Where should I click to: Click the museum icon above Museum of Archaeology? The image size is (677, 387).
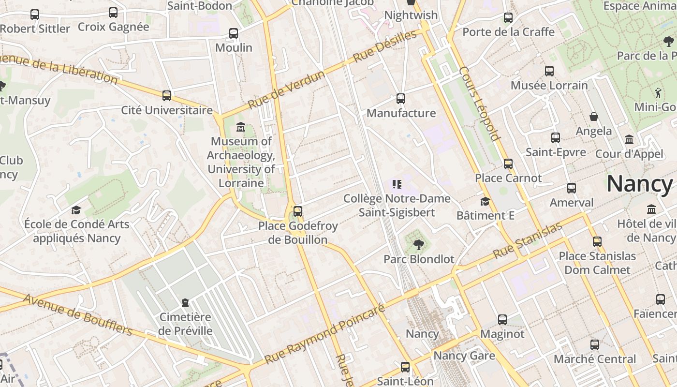click(240, 127)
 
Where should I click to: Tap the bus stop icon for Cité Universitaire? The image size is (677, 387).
click(167, 95)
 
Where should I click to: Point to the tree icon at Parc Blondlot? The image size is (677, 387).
click(418, 245)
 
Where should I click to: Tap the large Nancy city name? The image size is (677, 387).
click(639, 184)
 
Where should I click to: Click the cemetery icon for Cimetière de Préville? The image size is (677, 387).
click(185, 303)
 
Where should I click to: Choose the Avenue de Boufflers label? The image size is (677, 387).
click(77, 314)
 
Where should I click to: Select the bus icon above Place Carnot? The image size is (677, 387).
click(508, 164)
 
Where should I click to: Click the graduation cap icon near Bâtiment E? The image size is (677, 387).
click(485, 201)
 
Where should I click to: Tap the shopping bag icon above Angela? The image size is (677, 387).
click(594, 117)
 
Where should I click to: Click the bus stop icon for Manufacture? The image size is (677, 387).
click(401, 99)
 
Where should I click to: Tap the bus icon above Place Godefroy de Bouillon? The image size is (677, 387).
click(298, 211)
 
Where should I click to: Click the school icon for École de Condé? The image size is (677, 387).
click(76, 210)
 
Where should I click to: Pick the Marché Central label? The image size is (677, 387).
click(595, 359)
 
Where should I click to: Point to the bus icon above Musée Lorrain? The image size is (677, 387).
click(549, 71)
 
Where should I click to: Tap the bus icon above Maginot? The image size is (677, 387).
click(502, 319)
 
